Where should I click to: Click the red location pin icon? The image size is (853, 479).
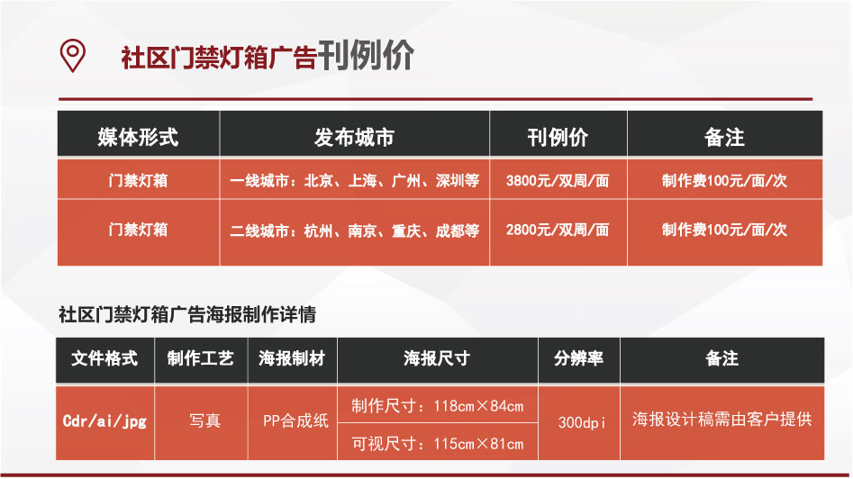pos(72,55)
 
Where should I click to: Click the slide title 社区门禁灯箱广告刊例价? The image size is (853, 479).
pos(268,56)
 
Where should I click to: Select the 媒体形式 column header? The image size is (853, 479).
pos(138,137)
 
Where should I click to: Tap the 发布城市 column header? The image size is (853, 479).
pos(354,137)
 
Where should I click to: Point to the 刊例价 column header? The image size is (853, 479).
pos(558,137)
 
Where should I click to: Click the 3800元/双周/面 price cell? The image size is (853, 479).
pos(558,180)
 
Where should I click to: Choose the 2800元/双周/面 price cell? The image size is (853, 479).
pos(558,230)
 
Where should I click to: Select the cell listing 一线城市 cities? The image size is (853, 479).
pos(355,180)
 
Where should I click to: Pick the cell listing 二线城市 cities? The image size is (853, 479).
pos(355,230)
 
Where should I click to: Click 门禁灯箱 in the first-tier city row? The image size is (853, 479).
pos(138,180)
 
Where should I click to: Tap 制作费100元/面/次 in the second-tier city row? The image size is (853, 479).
pos(724,230)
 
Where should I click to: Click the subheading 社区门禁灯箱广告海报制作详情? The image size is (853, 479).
pos(187,314)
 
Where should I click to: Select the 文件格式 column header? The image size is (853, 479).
pos(104,358)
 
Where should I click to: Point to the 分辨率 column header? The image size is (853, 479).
pos(579,358)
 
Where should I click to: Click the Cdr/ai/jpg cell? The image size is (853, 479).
pos(104,420)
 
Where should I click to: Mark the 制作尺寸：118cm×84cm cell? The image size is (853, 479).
pos(438,405)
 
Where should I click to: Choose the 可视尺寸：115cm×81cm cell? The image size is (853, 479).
pos(438,443)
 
